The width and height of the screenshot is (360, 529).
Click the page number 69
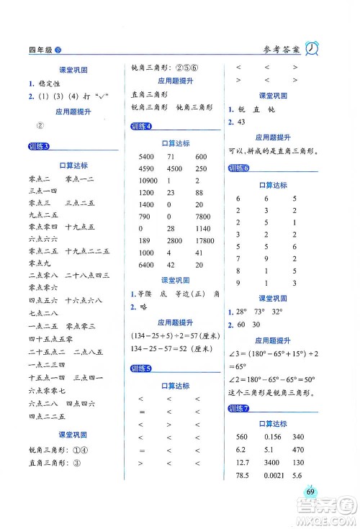coord(311,491)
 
